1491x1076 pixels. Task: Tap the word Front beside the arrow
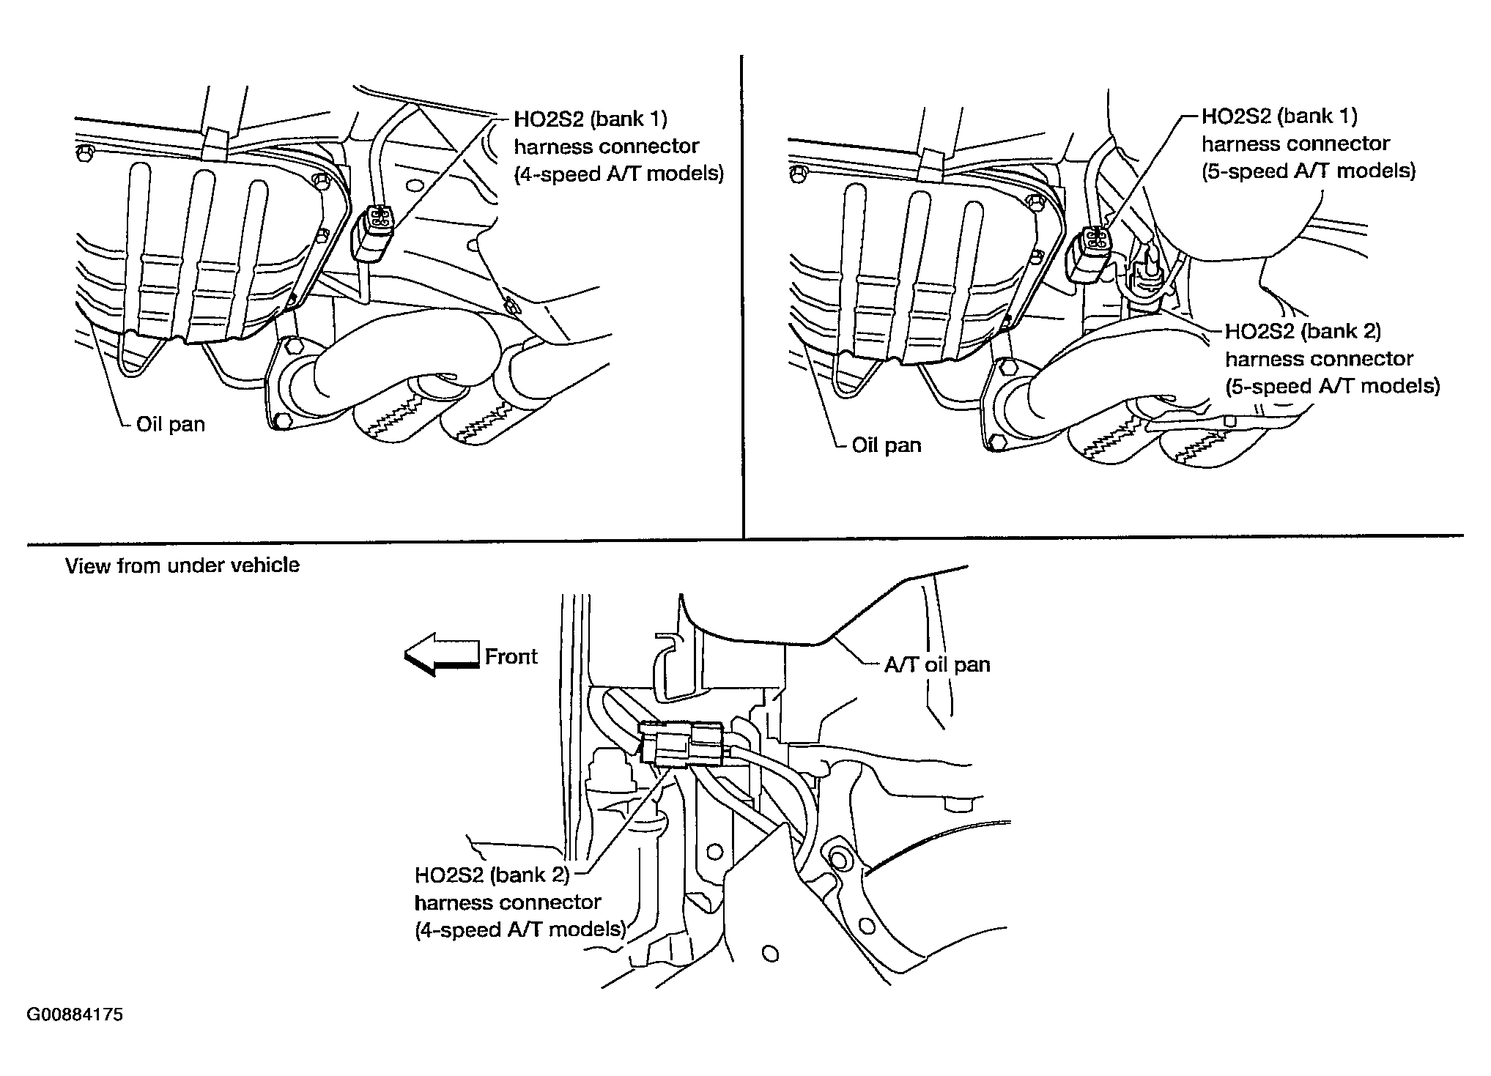click(x=511, y=656)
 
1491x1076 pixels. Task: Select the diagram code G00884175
click(x=75, y=1015)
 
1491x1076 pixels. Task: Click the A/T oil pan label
click(x=937, y=664)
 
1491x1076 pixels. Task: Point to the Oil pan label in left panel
click(x=171, y=424)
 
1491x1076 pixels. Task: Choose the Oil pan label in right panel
click(x=887, y=445)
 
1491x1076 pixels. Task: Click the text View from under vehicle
click(x=182, y=565)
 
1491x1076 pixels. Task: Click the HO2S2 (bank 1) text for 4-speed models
click(x=591, y=119)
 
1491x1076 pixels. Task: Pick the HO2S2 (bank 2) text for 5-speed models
click(x=1303, y=332)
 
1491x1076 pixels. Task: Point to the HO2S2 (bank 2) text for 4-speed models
click(x=492, y=875)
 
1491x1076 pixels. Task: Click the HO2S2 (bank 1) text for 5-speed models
click(x=1279, y=116)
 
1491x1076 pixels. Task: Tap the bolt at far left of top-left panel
click(x=86, y=152)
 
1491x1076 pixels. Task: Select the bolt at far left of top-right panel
click(x=800, y=174)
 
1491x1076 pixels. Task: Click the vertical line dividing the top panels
click(x=742, y=293)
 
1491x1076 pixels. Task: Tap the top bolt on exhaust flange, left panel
click(x=291, y=344)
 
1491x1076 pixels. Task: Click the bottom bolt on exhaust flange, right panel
click(x=995, y=442)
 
